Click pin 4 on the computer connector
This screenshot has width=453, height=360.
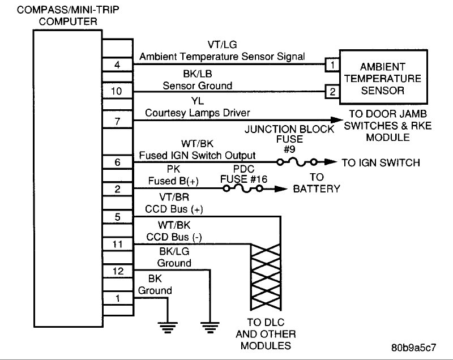pyautogui.click(x=118, y=65)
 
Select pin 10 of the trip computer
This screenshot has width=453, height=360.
pyautogui.click(x=118, y=91)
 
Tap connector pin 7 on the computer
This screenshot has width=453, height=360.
pyautogui.click(x=118, y=121)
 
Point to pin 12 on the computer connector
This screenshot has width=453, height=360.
pyautogui.click(x=118, y=271)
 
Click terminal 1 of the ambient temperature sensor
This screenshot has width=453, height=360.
pyautogui.click(x=332, y=65)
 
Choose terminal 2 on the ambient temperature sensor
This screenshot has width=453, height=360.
pyautogui.click(x=332, y=92)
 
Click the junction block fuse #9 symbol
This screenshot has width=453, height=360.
pyautogui.click(x=297, y=162)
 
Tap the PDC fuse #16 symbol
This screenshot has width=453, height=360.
pyautogui.click(x=243, y=189)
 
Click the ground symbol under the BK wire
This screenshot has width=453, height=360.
pyautogui.click(x=168, y=327)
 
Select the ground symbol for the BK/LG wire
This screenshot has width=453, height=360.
pyautogui.click(x=210, y=327)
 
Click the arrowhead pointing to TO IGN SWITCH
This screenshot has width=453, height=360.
pyautogui.click(x=331, y=162)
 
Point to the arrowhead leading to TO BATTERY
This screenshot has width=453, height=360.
pyautogui.click(x=281, y=189)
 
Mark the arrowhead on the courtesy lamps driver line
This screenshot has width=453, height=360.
pyautogui.click(x=337, y=120)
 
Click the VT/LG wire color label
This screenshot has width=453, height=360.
pyautogui.click(x=222, y=45)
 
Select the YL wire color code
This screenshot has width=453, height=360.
pyautogui.click(x=197, y=101)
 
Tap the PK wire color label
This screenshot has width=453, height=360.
pyautogui.click(x=173, y=169)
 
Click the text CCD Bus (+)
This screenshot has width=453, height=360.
pyautogui.click(x=174, y=209)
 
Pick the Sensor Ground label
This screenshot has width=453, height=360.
pyautogui.click(x=197, y=85)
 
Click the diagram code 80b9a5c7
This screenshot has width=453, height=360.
pyautogui.click(x=414, y=348)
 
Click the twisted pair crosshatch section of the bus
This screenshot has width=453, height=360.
pyautogui.click(x=266, y=277)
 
